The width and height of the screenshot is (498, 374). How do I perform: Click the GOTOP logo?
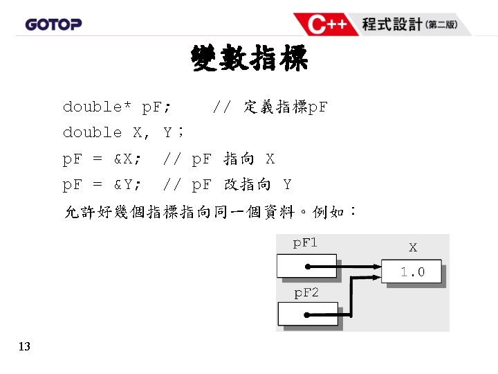[53, 24]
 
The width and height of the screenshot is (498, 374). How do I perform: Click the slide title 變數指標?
[249, 60]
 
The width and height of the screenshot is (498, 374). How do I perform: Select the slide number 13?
[24, 346]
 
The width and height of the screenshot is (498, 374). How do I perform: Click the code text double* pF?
[118, 107]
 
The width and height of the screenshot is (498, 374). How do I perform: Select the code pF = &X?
[104, 159]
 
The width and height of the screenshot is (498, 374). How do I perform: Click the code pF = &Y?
[104, 185]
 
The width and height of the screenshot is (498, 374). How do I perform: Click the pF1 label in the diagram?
[305, 243]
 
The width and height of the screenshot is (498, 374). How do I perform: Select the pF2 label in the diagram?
[306, 293]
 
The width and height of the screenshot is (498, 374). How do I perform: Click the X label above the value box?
[413, 247]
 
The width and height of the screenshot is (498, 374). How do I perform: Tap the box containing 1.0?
[412, 272]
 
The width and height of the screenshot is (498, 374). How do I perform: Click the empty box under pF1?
[306, 267]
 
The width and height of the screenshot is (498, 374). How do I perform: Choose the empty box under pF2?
[306, 314]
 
